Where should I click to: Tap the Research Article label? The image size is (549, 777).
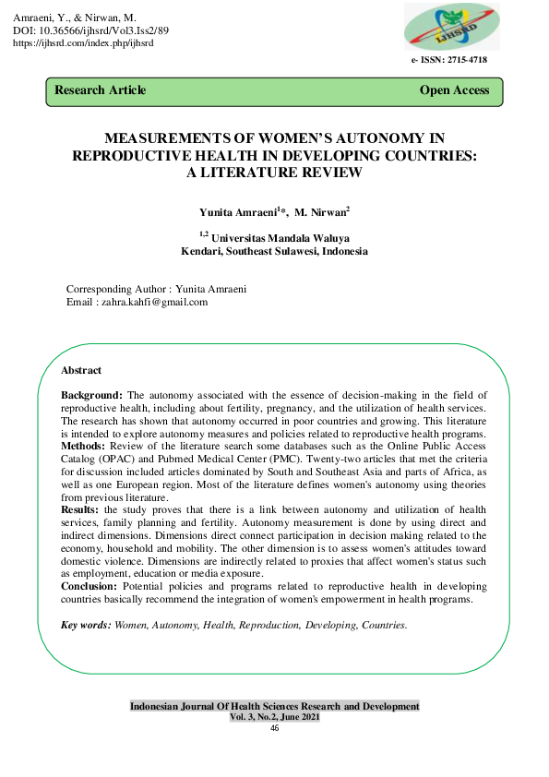tap(100, 90)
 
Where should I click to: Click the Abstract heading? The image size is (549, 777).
tap(80, 370)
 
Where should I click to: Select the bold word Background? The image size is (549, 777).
tap(91, 394)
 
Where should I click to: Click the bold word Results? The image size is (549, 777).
tap(80, 509)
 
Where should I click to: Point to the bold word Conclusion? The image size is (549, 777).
tap(89, 586)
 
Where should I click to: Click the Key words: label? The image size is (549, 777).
tap(85, 625)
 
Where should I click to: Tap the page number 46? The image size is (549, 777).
tap(274, 728)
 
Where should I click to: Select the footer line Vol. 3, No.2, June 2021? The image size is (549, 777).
tap(274, 717)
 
